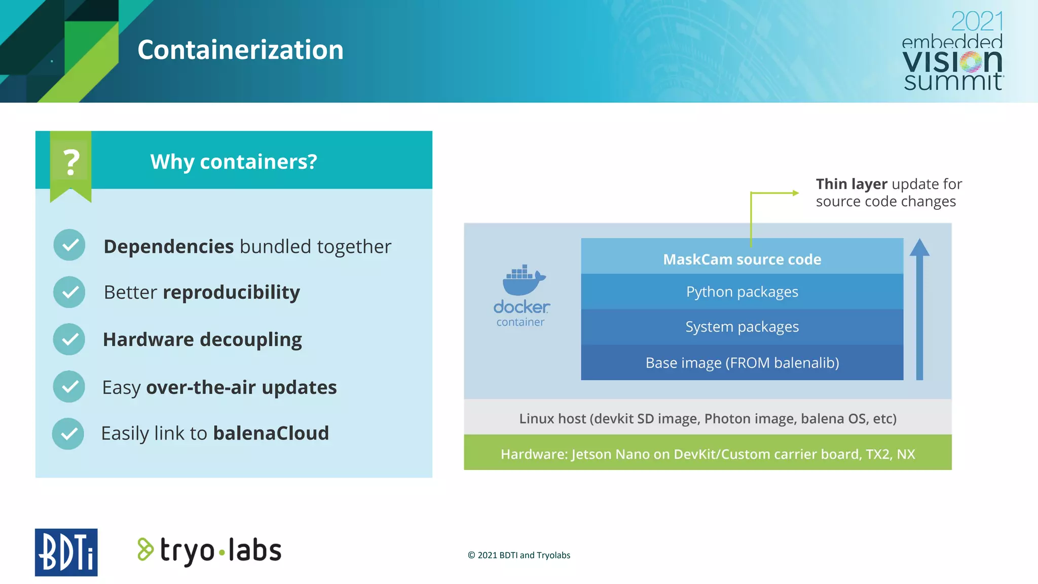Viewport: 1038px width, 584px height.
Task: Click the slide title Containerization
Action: (x=240, y=50)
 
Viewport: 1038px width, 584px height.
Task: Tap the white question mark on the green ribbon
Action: (x=71, y=162)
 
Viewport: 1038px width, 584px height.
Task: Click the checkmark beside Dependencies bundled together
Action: (x=69, y=245)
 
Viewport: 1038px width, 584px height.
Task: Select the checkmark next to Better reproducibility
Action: (x=69, y=292)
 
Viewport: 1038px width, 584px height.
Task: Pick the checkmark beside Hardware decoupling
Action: (x=69, y=339)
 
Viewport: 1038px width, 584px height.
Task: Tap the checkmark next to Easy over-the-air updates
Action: (x=69, y=386)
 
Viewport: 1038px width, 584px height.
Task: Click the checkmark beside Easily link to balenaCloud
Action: (x=68, y=433)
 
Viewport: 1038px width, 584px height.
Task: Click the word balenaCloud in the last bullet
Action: (x=271, y=433)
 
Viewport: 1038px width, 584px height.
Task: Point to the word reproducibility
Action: (x=231, y=293)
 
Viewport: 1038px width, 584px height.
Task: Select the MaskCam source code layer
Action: (x=742, y=259)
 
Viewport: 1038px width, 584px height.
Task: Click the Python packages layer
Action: (x=742, y=292)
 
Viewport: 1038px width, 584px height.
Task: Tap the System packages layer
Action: (x=742, y=327)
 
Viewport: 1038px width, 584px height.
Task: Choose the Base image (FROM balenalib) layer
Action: (x=742, y=363)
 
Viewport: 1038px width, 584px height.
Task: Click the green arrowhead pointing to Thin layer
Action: (x=795, y=193)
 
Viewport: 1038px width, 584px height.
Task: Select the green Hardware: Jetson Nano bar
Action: (x=708, y=454)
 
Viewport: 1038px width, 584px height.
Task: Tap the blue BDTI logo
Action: (x=66, y=552)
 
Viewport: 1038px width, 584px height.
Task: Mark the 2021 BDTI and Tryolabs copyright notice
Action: (x=519, y=555)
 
